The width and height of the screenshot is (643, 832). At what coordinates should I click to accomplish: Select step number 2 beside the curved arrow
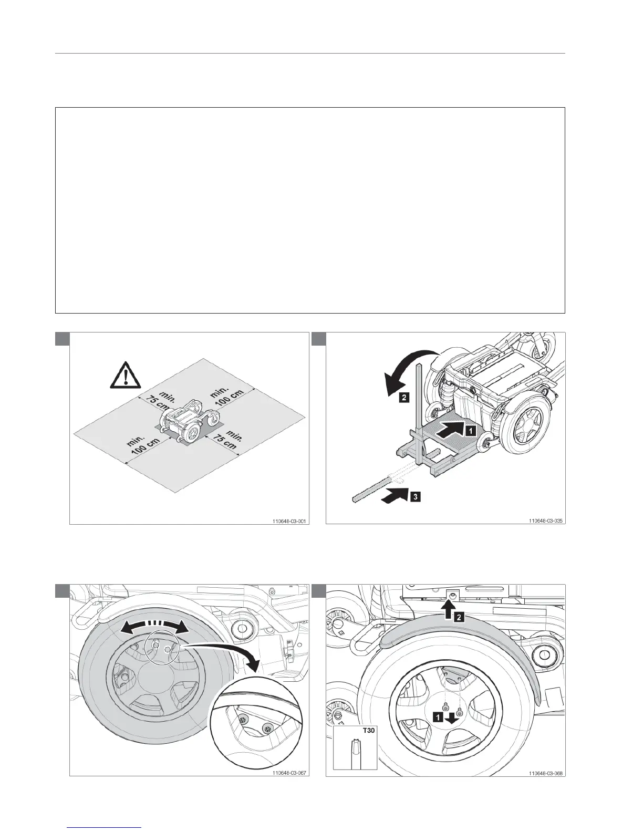tap(403, 398)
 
